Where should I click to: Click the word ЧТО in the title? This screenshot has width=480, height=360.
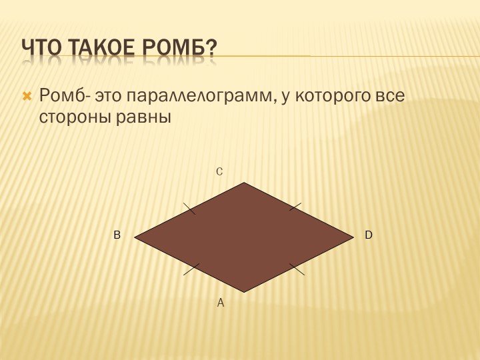pos(41,48)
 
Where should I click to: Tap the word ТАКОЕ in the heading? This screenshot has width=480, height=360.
pos(101,48)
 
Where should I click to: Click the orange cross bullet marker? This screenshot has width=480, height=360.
pos(27,97)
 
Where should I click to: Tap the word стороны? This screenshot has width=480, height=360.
pos(75,117)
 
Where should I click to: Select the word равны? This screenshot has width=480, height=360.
pos(143,118)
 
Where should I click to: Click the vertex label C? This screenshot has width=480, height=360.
pos(219,172)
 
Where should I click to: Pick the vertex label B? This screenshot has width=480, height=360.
pos(117,235)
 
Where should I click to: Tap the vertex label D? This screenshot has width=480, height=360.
pos(369,235)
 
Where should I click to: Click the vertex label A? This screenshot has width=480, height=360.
pos(221,303)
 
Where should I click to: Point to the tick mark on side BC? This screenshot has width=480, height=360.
pos(189,209)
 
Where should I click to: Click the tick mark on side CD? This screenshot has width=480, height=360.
pos(295,207)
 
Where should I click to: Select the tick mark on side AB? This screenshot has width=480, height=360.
pos(191,269)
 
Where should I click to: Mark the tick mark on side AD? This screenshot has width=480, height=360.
pos(297,269)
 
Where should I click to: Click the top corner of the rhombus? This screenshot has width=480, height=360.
pos(244,183)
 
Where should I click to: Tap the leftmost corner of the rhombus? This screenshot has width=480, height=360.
pos(135,237)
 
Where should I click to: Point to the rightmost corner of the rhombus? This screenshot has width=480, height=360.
pos(354,237)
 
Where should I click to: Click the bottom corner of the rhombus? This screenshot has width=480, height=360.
pos(244,292)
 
